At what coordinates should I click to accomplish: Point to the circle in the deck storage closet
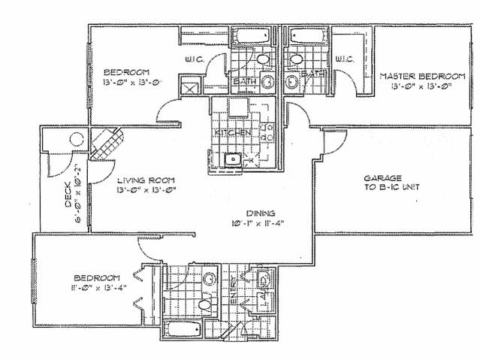[x=75, y=138]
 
